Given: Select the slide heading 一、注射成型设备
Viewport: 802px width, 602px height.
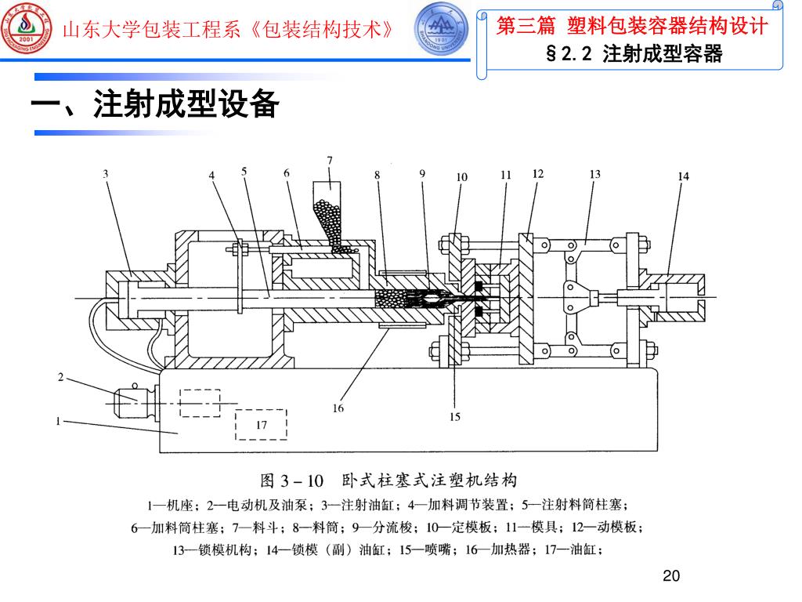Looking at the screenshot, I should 154,105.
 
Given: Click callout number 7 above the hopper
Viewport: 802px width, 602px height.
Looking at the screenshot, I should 330,160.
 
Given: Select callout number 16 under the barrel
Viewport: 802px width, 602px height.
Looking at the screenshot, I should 338,408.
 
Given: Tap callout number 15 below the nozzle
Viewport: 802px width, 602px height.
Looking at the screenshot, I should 455,416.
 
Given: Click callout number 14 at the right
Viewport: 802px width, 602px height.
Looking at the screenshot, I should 684,176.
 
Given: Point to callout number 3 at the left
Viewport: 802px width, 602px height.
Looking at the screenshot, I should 106,174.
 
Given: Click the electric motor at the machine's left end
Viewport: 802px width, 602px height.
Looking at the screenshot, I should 133,401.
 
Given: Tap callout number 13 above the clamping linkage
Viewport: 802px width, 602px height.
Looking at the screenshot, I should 594,174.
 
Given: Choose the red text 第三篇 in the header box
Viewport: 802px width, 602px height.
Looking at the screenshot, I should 524,27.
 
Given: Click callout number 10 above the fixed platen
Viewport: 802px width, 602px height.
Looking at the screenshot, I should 461,176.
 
